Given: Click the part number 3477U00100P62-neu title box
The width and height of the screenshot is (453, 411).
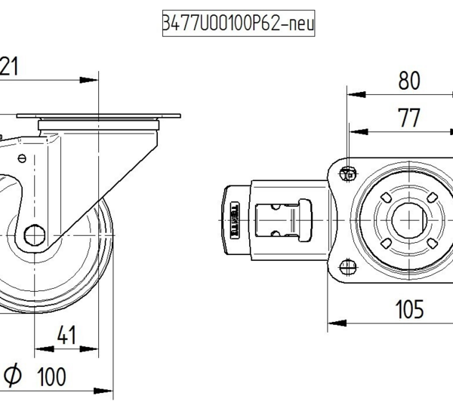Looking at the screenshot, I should tap(238, 24).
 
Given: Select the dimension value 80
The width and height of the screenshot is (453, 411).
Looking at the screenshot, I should tap(408, 79).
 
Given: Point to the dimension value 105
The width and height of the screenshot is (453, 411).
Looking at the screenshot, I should tap(408, 309).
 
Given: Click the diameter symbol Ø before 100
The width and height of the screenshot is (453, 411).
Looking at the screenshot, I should tap(13, 375).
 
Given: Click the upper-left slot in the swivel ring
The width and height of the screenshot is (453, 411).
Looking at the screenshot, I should tap(386, 198).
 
